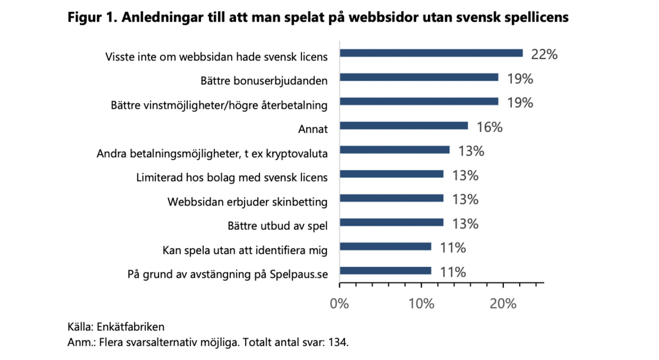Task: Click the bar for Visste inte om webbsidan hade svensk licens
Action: [x=431, y=53]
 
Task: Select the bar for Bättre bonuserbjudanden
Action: [x=419, y=78]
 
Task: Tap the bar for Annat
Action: [x=404, y=126]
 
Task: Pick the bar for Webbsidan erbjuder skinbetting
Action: [x=392, y=198]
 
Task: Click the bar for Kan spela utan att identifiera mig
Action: [x=385, y=247]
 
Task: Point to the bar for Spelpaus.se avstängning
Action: [x=385, y=271]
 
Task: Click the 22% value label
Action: [x=544, y=55]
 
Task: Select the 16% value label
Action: [x=489, y=127]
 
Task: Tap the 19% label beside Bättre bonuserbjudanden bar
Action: [x=520, y=79]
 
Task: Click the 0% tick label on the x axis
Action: [x=339, y=303]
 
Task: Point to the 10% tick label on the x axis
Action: [x=421, y=303]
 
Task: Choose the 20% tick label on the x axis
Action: [x=503, y=303]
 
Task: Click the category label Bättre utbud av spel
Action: [x=277, y=226]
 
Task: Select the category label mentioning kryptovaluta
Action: [x=212, y=154]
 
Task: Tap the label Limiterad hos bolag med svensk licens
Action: [x=232, y=177]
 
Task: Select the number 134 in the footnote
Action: [x=337, y=342]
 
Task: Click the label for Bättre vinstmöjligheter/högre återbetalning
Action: [x=219, y=105]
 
